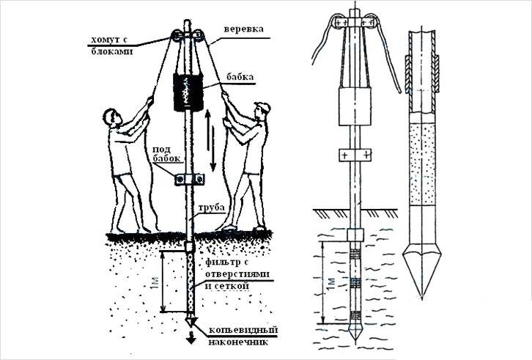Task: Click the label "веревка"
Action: click(243, 29)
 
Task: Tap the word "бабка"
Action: click(241, 76)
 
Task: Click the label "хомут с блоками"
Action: click(110, 45)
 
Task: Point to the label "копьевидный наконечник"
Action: click(243, 336)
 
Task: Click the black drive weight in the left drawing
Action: click(188, 92)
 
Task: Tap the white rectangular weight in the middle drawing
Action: click(355, 106)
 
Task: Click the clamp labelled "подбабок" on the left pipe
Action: click(189, 178)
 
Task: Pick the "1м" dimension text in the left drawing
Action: click(155, 282)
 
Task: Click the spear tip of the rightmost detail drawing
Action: click(422, 273)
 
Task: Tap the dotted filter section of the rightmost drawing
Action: click(422, 164)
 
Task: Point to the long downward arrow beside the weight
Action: click(213, 148)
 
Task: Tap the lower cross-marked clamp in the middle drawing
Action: click(355, 155)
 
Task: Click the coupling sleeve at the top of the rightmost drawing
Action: click(422, 73)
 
